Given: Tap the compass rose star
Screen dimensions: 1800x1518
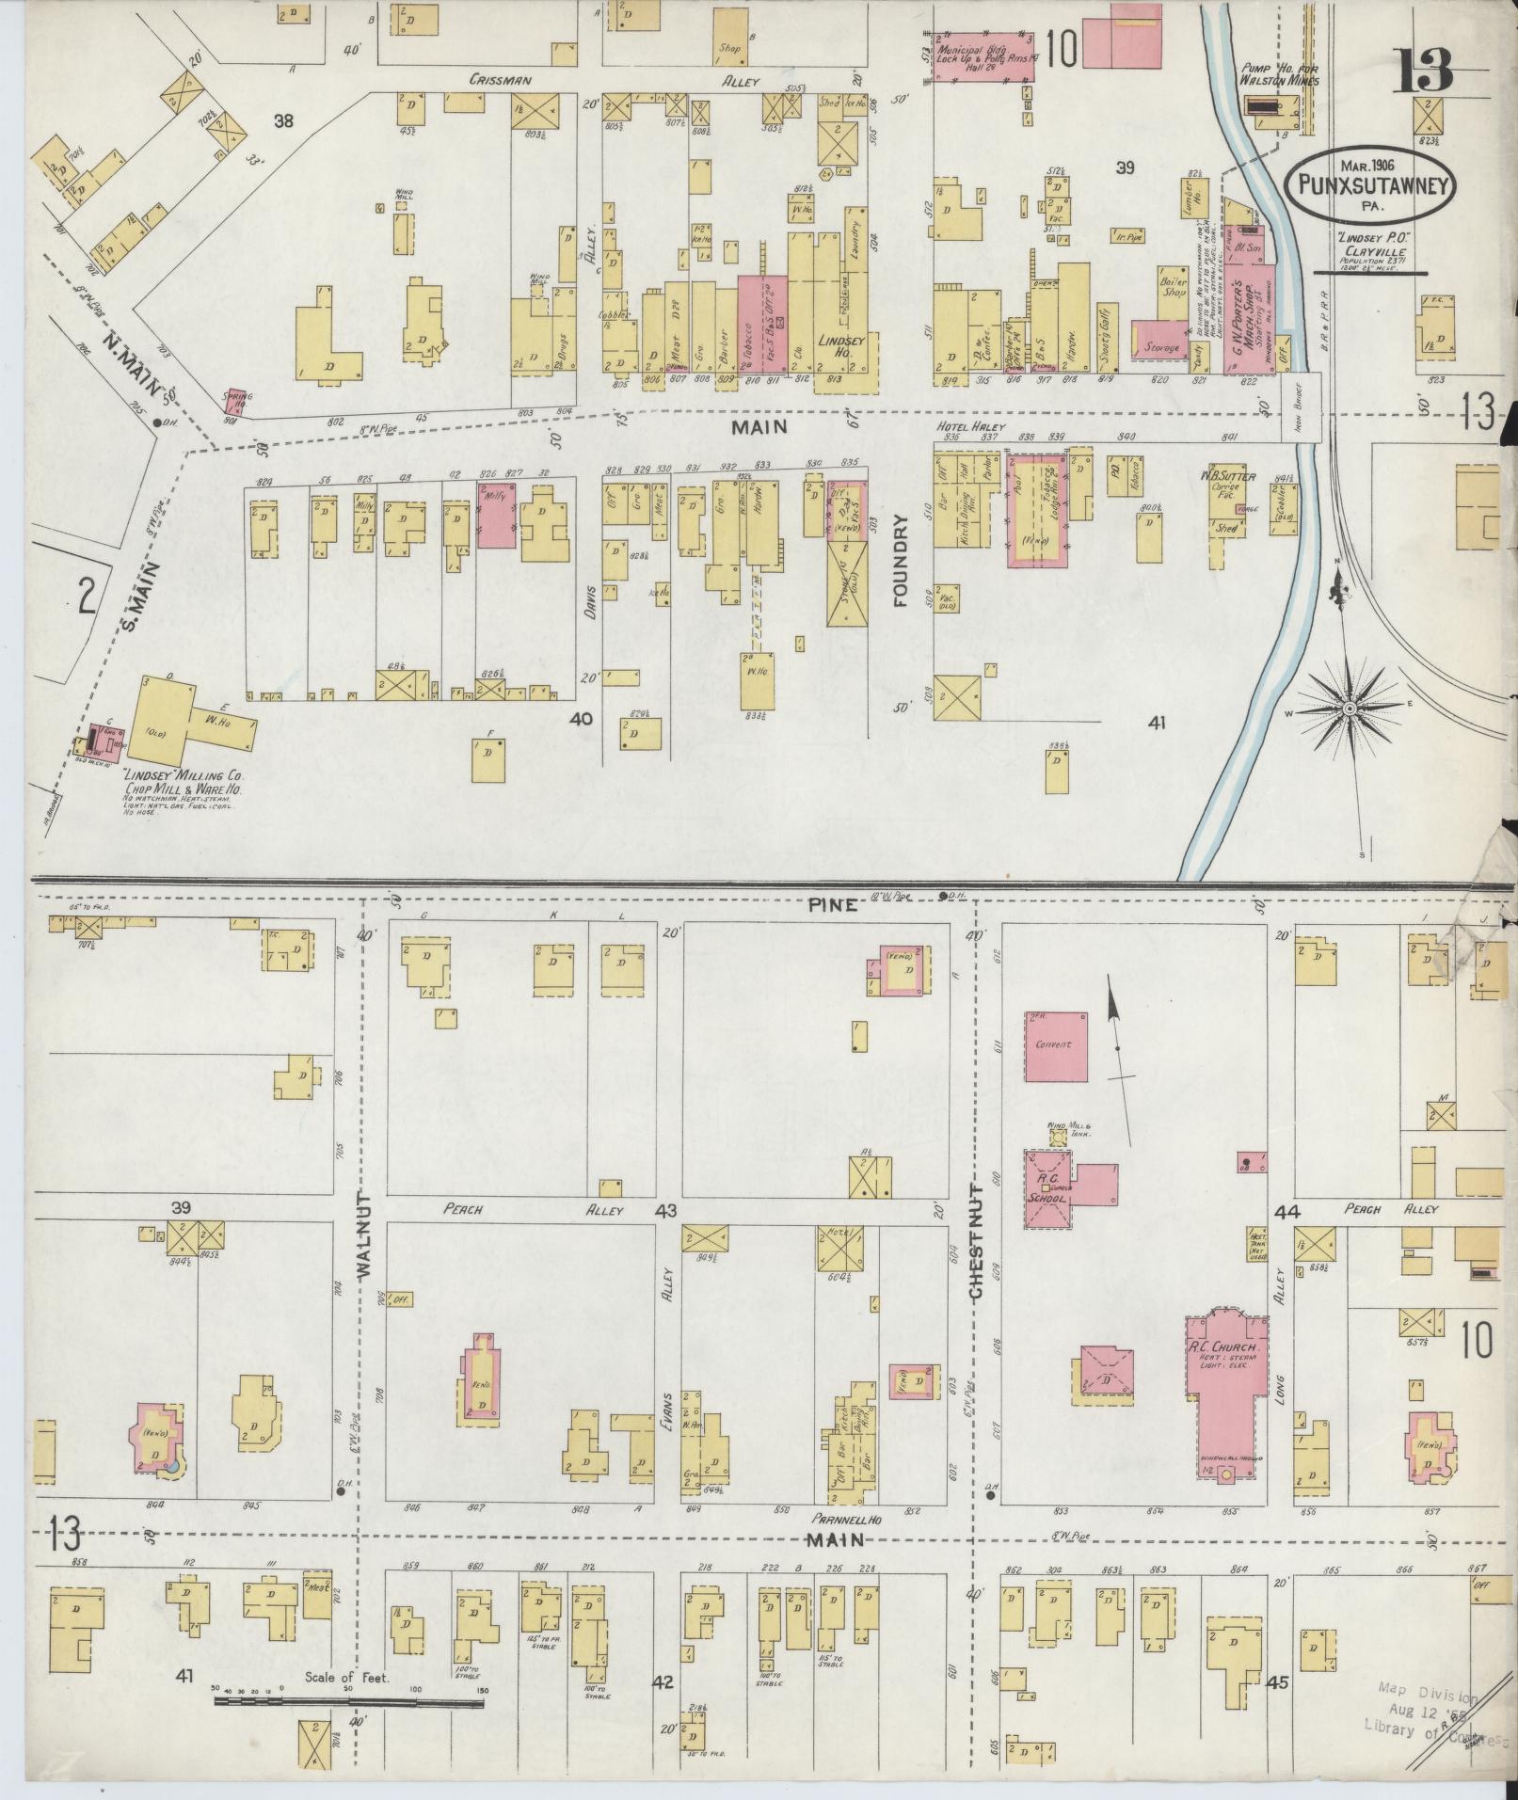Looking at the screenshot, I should (1350, 707).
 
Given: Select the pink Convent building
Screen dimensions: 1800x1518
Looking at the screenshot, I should (1055, 1044).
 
